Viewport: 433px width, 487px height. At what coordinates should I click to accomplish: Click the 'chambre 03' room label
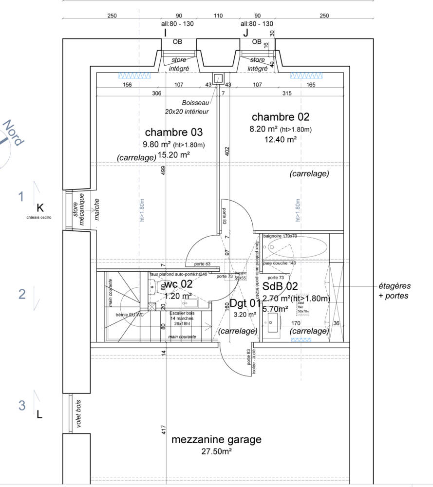[173, 132]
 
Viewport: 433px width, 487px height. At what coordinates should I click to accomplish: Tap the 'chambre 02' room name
[280, 117]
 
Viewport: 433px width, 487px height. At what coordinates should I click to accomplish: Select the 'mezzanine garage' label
[216, 440]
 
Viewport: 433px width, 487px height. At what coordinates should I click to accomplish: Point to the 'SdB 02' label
[280, 286]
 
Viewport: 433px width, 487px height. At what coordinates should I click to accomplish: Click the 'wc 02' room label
[178, 284]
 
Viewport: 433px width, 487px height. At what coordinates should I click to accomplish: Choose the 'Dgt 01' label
[245, 303]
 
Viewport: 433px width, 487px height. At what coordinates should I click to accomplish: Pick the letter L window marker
[40, 415]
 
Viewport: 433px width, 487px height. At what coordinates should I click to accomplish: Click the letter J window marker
[245, 33]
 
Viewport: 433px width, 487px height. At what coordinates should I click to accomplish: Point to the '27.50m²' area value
[216, 451]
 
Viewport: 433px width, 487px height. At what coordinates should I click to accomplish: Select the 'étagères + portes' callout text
[394, 291]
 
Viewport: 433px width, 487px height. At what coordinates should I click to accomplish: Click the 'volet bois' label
[77, 414]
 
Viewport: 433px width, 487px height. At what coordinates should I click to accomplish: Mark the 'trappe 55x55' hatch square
[241, 276]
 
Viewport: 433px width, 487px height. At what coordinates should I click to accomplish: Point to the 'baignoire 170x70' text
[280, 236]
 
